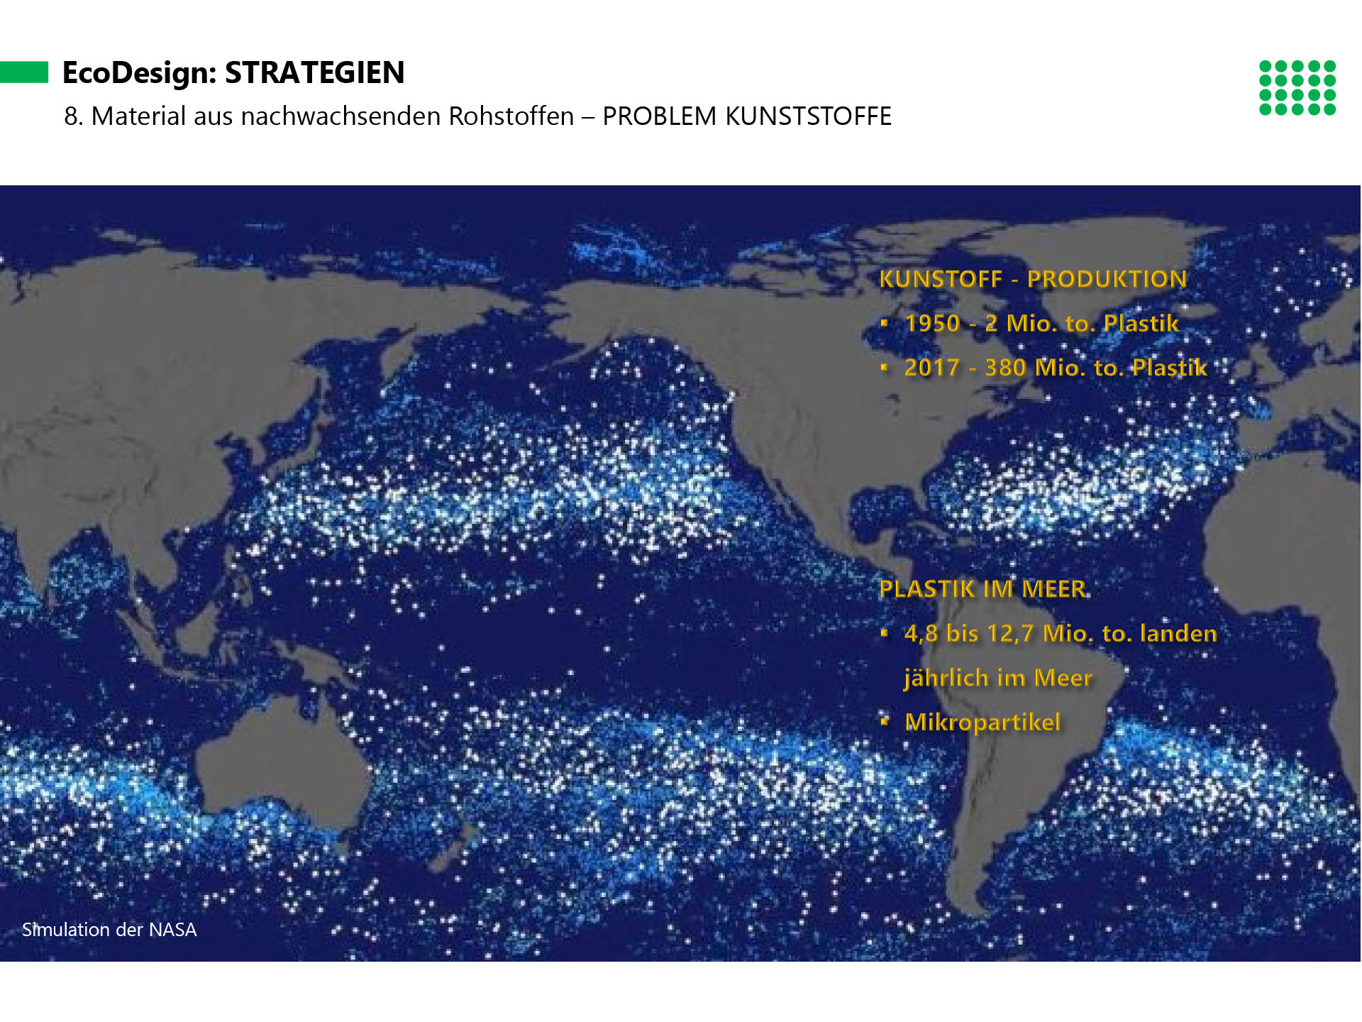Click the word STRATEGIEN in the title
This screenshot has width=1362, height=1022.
[x=314, y=72]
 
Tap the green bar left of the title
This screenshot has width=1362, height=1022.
[x=24, y=72]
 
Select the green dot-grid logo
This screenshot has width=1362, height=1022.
[x=1297, y=87]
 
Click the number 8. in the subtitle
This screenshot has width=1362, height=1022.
[x=74, y=116]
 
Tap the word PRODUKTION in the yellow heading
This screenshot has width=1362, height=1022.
[x=1107, y=279]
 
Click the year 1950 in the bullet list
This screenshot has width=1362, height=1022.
[x=932, y=324]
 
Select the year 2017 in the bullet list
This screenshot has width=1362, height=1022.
[x=931, y=368]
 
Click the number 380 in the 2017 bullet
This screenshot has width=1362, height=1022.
[x=1005, y=368]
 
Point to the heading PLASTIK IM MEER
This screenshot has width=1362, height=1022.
[x=982, y=589]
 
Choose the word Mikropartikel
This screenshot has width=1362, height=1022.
[x=982, y=722]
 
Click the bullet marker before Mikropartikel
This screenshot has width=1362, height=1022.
[x=885, y=722]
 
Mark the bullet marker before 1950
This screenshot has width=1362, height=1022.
[x=885, y=323]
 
